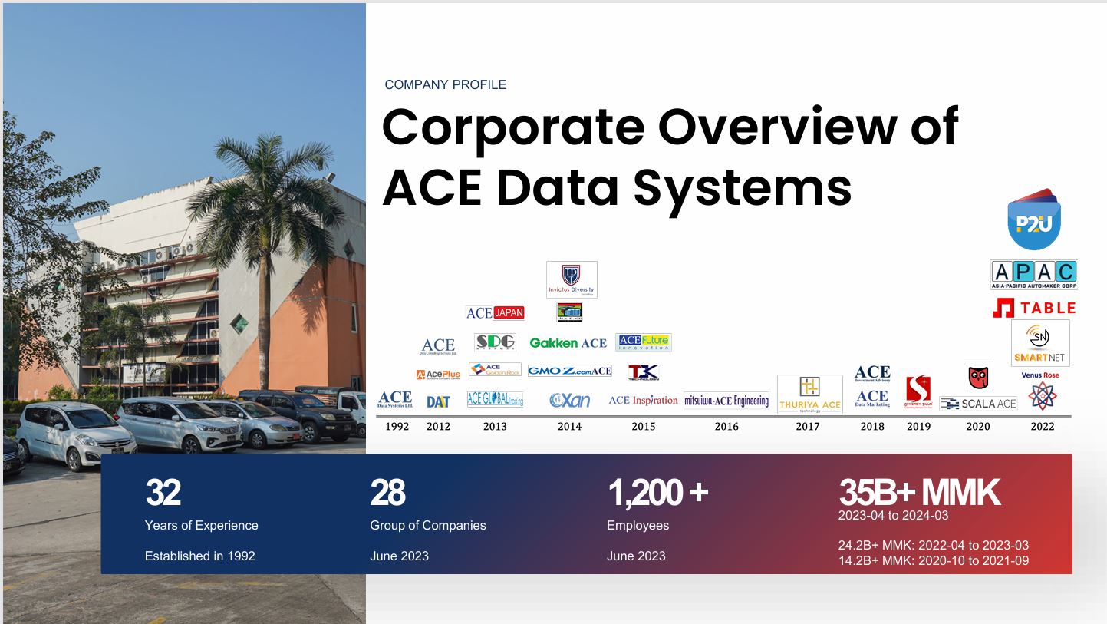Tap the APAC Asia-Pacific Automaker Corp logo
(1033, 274)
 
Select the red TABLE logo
(1034, 309)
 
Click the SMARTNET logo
(1040, 343)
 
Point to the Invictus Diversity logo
(571, 279)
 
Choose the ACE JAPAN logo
(495, 312)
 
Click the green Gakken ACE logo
(568, 343)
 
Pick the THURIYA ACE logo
(809, 395)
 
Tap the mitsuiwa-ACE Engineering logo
(726, 401)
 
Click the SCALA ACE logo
(978, 404)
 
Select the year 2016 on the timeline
(726, 427)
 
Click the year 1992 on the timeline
(397, 427)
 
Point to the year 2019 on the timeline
(918, 427)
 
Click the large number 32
(163, 493)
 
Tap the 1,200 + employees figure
(657, 493)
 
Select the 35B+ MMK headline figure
(919, 493)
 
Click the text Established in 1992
(199, 556)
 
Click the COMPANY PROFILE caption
(445, 84)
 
